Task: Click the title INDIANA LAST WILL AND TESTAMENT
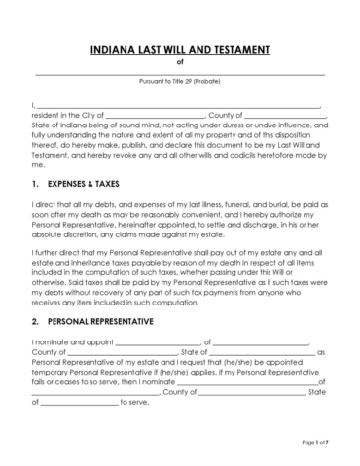[x=180, y=50]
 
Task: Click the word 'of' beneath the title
[x=180, y=63]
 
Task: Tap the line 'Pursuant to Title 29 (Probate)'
[x=180, y=83]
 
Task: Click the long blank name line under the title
[x=180, y=73]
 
